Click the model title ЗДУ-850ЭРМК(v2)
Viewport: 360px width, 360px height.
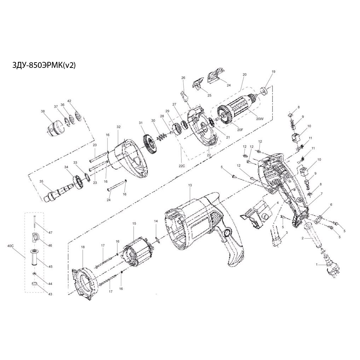coord(44,66)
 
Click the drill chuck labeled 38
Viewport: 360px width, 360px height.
coord(56,128)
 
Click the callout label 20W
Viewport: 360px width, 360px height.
coord(260,119)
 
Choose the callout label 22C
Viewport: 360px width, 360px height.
coord(182,166)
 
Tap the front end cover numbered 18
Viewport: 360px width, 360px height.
coord(84,283)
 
